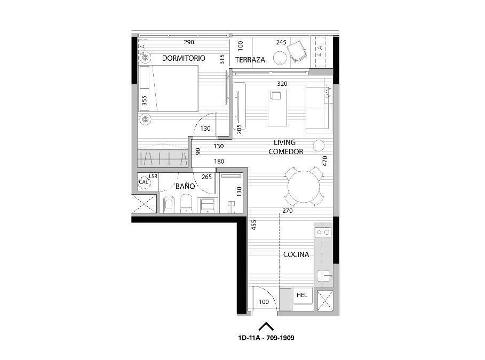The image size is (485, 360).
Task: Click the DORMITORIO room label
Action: [x=184, y=58]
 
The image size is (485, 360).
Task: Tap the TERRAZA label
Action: [x=250, y=60]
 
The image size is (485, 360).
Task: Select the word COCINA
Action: [x=296, y=254]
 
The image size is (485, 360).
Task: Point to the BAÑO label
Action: [x=185, y=186]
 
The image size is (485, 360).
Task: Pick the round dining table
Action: [x=304, y=187]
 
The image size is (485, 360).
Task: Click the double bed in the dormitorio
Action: [x=169, y=89]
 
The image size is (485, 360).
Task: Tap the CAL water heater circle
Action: [x=144, y=182]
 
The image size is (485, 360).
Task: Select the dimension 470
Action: [x=325, y=161]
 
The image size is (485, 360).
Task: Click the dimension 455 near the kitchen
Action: [x=254, y=225]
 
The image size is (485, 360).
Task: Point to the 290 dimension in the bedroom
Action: [x=189, y=42]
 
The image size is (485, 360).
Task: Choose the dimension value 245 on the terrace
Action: [x=281, y=42]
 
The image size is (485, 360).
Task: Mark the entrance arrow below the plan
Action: [x=266, y=326]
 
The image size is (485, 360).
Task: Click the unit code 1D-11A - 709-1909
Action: [x=266, y=338]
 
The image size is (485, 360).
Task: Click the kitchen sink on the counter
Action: [x=324, y=276]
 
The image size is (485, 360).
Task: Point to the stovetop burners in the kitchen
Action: [x=323, y=232]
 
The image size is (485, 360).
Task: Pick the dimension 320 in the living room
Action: [x=282, y=84]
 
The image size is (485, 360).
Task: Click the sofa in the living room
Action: [x=317, y=108]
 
